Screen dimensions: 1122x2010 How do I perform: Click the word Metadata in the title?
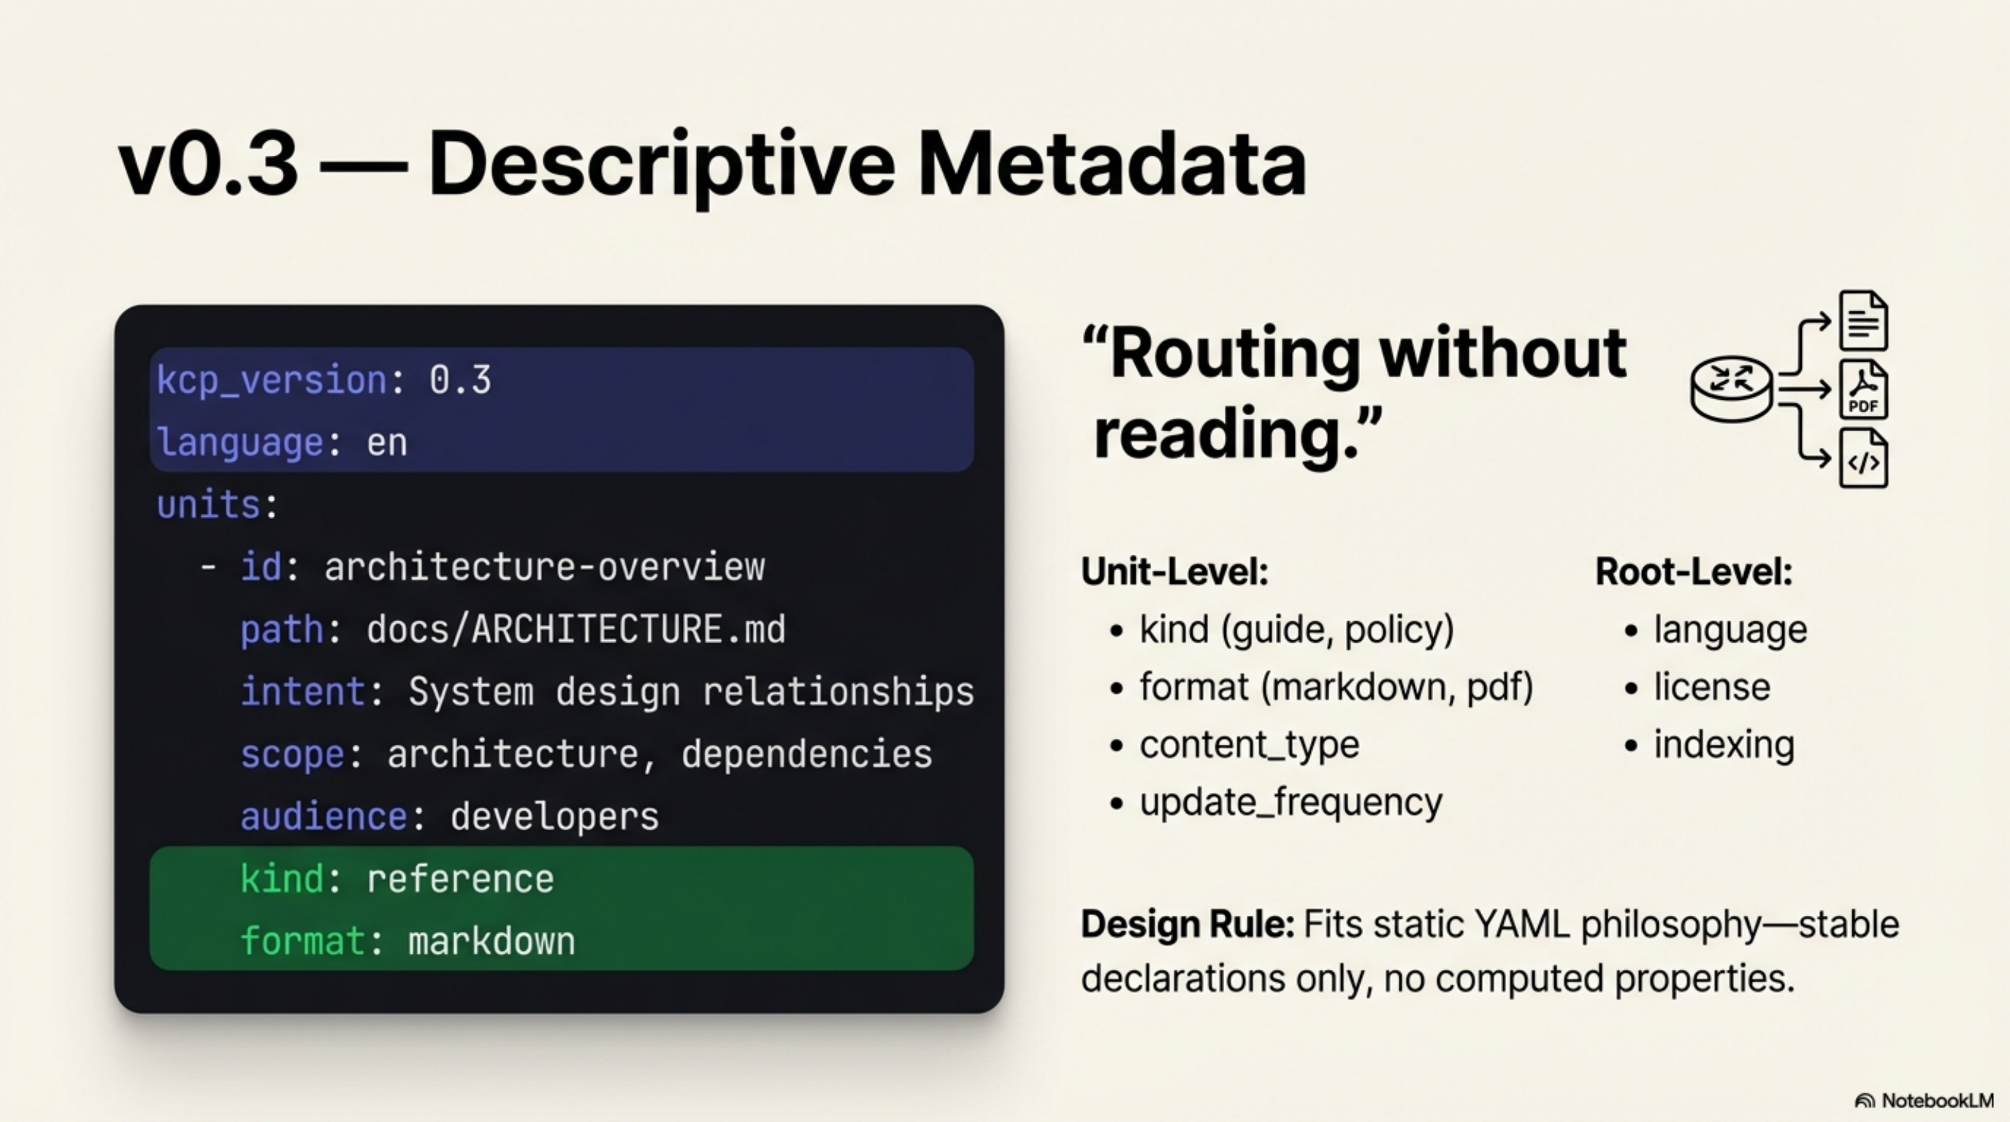coord(1111,164)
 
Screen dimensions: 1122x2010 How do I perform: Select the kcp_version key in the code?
coord(271,381)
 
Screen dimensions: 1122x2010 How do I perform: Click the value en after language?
coord(387,443)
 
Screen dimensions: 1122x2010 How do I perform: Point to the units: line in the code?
coord(217,505)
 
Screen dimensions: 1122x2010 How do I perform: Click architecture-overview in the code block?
coord(544,567)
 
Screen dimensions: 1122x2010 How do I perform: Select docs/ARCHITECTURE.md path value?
coord(576,630)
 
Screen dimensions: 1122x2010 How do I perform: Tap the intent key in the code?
coord(302,692)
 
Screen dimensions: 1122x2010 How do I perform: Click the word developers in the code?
coord(554,817)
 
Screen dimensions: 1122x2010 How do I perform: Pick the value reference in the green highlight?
coord(460,879)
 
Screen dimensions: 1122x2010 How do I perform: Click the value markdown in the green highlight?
coord(491,942)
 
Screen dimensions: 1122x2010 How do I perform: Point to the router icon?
coord(1732,388)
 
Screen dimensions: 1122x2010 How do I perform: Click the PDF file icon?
coord(1863,389)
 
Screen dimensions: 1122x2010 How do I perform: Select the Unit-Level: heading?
coord(1174,572)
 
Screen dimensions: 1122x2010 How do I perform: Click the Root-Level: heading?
coord(1693,572)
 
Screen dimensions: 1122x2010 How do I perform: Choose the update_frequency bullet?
coord(1291,802)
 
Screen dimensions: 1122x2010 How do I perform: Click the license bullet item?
coord(1712,687)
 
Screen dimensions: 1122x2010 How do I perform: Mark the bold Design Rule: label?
coord(1187,924)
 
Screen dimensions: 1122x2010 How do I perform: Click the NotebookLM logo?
coord(1924,1101)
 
